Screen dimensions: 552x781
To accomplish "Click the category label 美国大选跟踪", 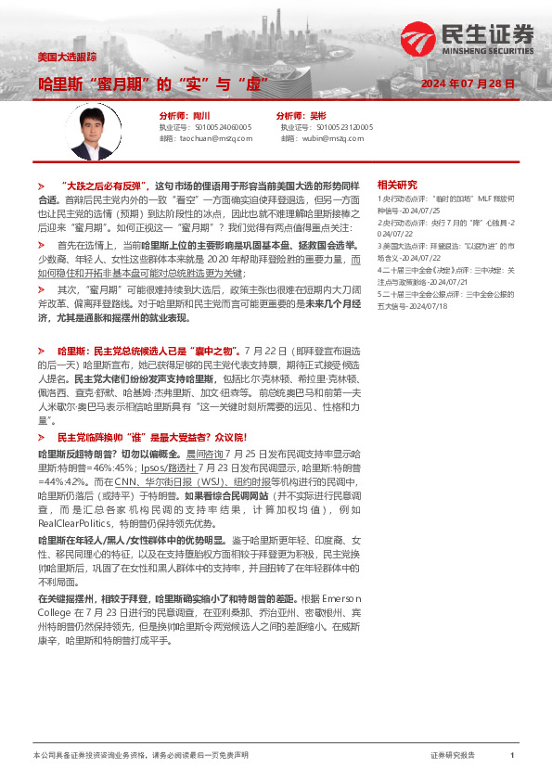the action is [x=67, y=58].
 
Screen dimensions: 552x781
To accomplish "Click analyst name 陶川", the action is [x=199, y=114].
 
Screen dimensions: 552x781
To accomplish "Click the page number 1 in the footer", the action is [x=512, y=756].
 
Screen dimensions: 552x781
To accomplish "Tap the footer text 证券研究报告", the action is [x=453, y=756].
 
